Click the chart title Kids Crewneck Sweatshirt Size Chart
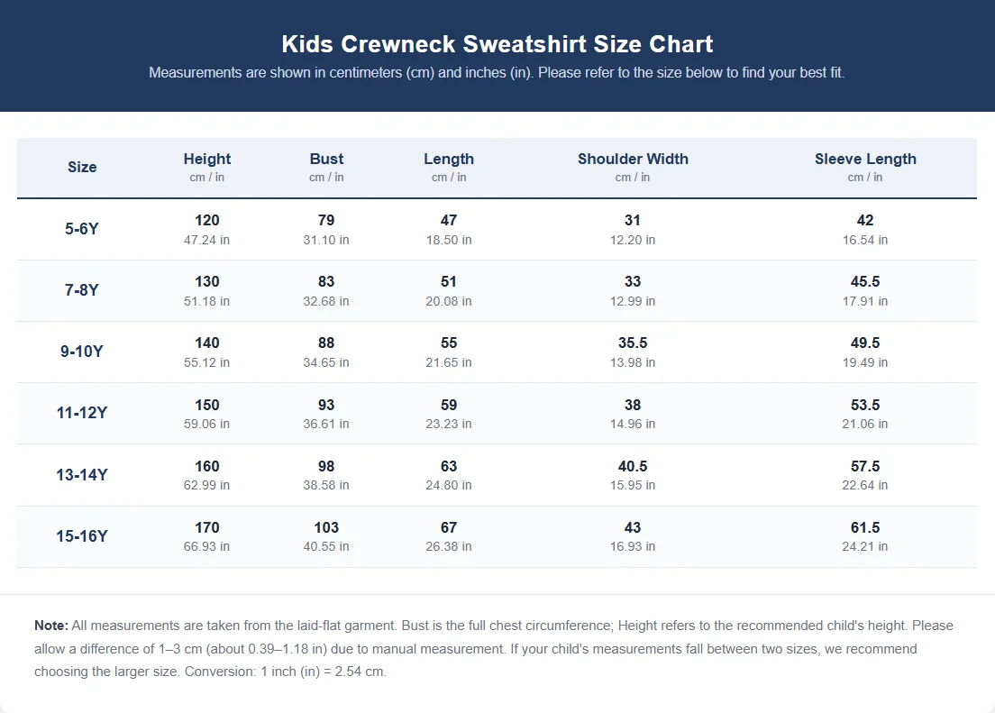coord(497,44)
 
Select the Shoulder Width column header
coord(633,159)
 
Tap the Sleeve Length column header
coord(865,159)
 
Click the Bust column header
coord(326,159)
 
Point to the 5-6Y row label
coord(82,229)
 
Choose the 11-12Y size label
coord(82,413)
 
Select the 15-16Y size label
coord(82,535)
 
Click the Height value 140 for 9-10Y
coord(207,343)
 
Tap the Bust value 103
coord(326,527)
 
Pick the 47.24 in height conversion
coord(207,240)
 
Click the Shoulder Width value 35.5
coord(633,343)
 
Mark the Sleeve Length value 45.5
coord(865,281)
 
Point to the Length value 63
coord(449,466)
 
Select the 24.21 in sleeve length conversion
coord(865,546)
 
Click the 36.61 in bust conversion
coord(326,425)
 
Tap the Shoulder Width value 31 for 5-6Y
coord(633,220)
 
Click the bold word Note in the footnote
coord(51,626)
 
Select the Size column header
coord(83,167)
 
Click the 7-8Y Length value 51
coord(449,281)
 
